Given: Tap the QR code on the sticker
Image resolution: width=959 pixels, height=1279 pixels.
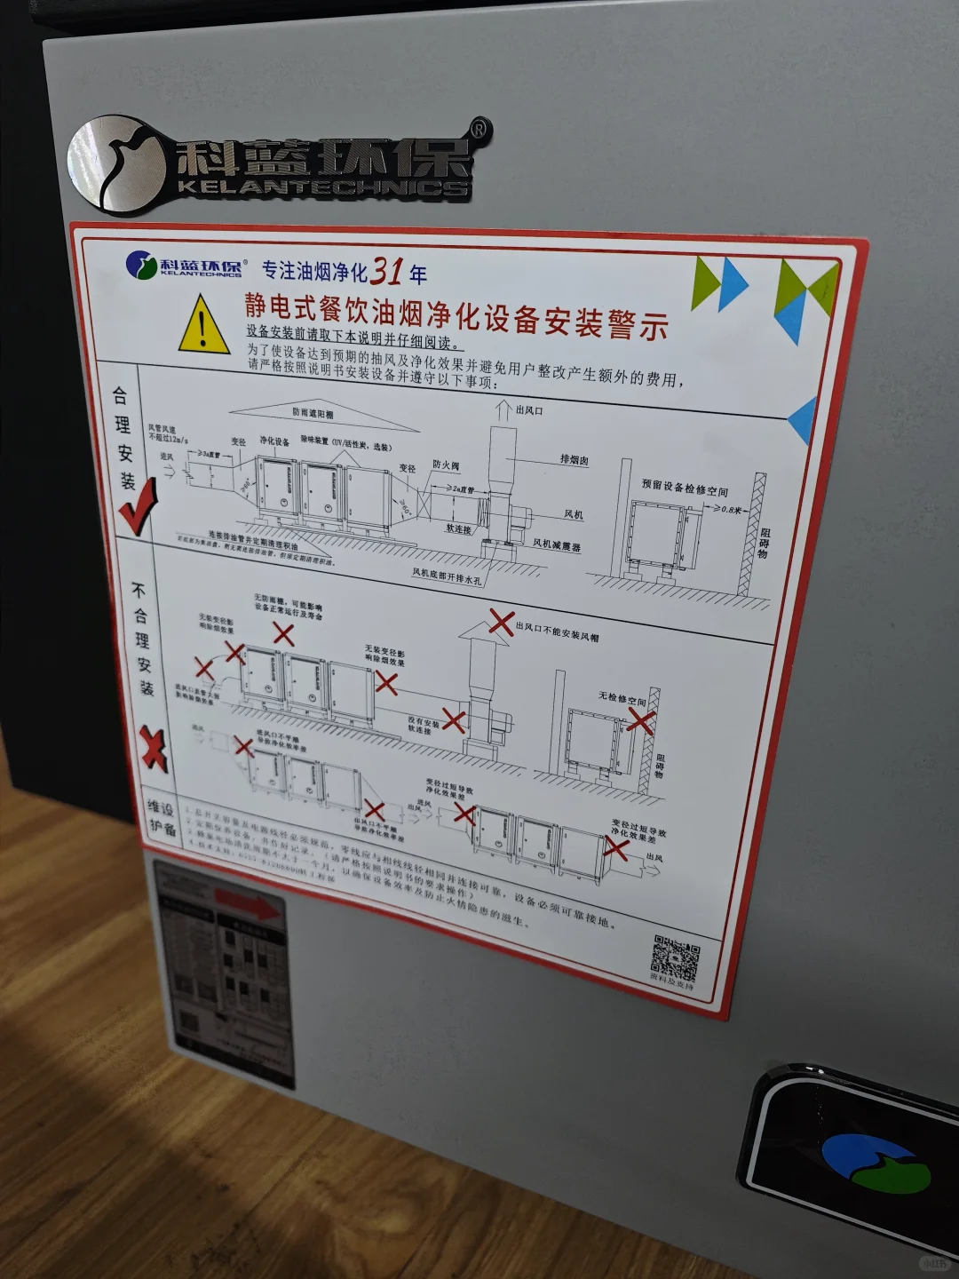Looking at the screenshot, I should click(x=675, y=957).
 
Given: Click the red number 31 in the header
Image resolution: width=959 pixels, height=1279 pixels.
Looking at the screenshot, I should click(x=387, y=270).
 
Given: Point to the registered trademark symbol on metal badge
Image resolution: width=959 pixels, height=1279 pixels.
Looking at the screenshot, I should click(x=479, y=130).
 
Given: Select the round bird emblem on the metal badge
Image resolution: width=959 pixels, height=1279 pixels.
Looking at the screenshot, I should click(x=115, y=164).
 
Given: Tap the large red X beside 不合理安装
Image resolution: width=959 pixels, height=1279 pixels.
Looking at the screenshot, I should click(x=154, y=747).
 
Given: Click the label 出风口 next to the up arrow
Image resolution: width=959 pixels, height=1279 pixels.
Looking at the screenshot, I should click(x=529, y=410).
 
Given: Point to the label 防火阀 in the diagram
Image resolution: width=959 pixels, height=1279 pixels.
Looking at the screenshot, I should click(x=446, y=465).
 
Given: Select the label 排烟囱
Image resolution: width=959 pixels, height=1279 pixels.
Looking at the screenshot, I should click(x=574, y=459).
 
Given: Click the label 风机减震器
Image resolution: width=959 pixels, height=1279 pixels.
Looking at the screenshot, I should click(x=557, y=544).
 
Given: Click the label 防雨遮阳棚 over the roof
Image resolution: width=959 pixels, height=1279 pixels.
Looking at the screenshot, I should click(x=313, y=413).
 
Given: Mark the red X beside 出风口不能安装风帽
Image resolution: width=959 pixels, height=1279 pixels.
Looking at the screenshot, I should click(x=502, y=622).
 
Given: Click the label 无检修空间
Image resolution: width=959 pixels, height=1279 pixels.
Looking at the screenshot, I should click(x=622, y=699).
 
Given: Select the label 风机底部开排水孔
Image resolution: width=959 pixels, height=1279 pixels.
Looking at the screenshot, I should click(x=447, y=576).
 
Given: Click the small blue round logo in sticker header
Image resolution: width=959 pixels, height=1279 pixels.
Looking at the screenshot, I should click(x=141, y=265).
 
